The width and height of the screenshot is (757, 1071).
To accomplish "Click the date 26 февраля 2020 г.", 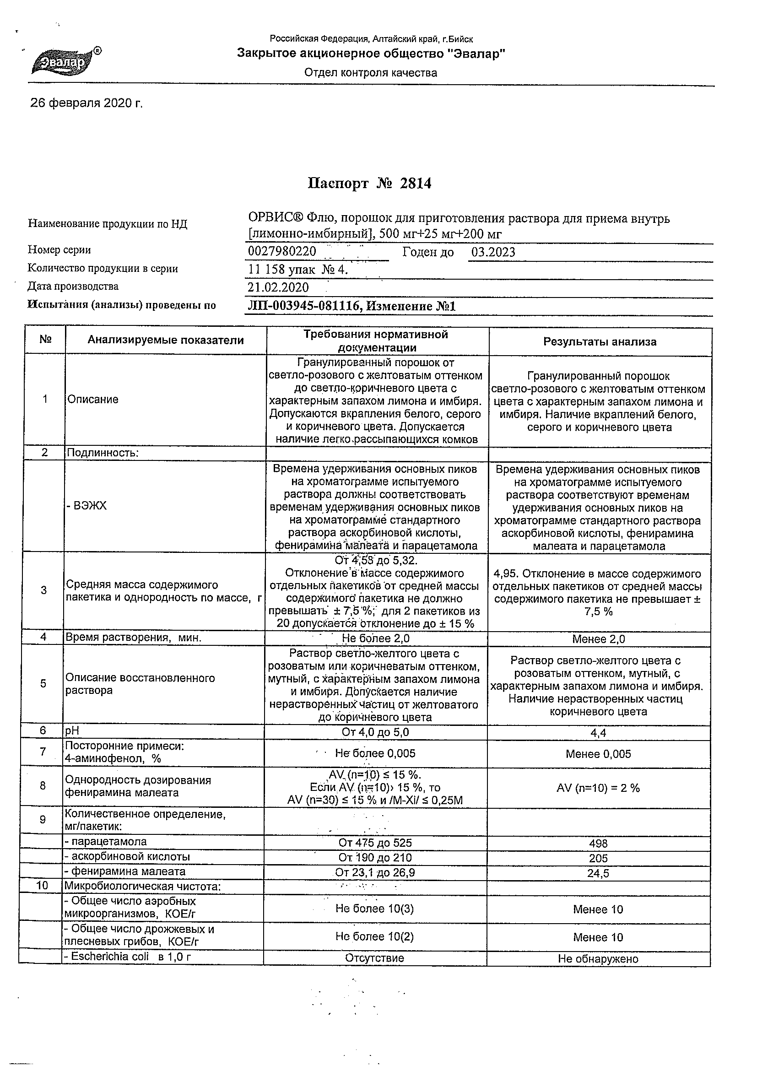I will (87, 103).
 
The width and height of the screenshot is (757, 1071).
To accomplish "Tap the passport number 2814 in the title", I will (415, 184).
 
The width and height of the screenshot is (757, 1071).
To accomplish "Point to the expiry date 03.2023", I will (493, 252).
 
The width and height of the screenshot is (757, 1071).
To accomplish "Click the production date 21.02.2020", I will (278, 287).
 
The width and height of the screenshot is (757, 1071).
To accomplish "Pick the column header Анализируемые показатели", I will (166, 340).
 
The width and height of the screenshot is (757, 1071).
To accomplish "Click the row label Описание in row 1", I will (93, 399).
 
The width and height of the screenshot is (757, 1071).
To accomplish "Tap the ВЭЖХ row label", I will (87, 506).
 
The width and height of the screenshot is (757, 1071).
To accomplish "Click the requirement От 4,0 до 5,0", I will (375, 732).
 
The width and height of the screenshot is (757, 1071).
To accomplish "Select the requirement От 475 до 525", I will (375, 843).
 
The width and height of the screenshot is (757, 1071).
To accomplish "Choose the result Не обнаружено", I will (598, 959).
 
